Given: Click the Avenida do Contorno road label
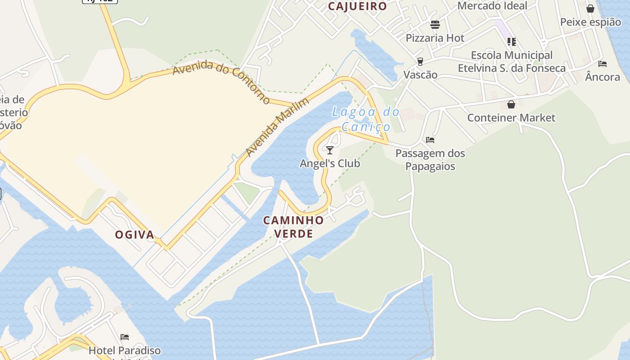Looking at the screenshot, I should coord(221,81).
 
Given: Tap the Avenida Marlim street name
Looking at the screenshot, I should coord(278,127).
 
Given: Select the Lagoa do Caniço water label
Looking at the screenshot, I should coord(365,119).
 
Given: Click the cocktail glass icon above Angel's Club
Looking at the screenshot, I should coord(330,150).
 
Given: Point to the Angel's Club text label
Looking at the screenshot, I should coord(330,163).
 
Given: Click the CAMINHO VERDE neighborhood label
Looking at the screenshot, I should coord(293,227).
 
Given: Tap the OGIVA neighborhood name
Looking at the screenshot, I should coord(135,234).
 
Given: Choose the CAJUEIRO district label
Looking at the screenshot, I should coord(357,6).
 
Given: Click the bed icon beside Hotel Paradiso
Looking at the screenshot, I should coord(125,337).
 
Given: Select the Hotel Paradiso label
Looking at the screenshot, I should coord(125,350).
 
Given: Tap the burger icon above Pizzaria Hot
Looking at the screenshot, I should coord(435,25).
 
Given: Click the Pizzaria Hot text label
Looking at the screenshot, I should coord(435,38).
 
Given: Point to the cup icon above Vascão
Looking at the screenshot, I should coord(420,61).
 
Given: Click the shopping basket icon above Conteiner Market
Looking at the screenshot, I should coord(511,104).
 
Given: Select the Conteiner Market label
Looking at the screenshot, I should coord(511,118).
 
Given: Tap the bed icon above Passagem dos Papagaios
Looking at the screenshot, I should coord(430,140).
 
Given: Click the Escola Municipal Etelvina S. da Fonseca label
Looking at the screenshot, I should coord(512,62).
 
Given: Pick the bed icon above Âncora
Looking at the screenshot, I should coord(603,63).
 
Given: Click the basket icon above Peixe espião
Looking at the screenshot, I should coord(590,9).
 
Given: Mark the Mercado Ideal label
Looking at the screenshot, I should coord(492,6).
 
